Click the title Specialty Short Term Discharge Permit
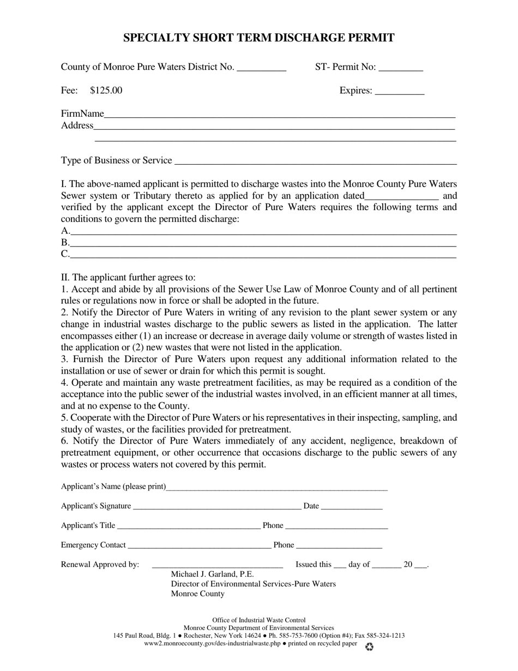click(258, 38)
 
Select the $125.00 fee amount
click(106, 91)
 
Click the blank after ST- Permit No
click(400, 69)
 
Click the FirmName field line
click(279, 115)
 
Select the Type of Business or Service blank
click(315, 161)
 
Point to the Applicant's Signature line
click(216, 507)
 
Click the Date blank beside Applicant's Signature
click(352, 507)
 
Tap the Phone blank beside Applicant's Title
click(336, 527)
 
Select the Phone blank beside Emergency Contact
click(339, 546)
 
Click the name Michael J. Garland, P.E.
click(213, 574)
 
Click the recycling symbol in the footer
click(369, 646)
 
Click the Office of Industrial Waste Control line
click(259, 620)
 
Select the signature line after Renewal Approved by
click(217, 566)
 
